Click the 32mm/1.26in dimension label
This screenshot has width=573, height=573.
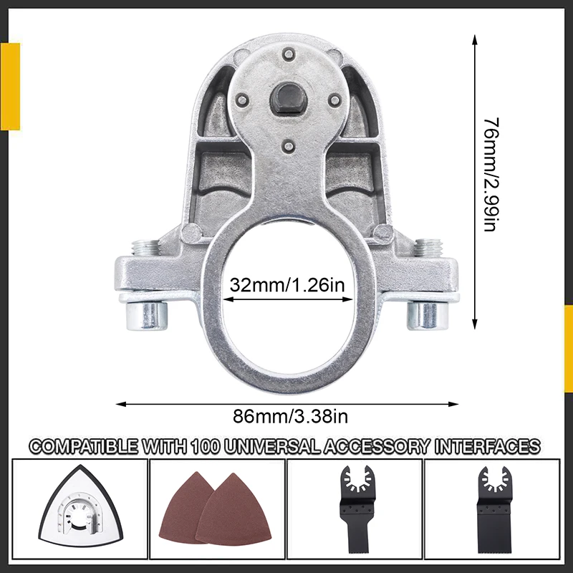(x=287, y=284)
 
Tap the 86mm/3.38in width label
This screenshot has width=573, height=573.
(x=291, y=416)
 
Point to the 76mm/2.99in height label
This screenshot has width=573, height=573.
(x=491, y=174)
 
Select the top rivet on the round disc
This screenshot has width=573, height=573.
(x=289, y=54)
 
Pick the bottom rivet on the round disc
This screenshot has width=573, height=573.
(x=289, y=146)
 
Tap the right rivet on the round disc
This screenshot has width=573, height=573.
(x=334, y=100)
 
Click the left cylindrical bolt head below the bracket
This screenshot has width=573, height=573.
(x=147, y=315)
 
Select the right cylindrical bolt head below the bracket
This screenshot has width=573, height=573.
(x=428, y=315)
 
